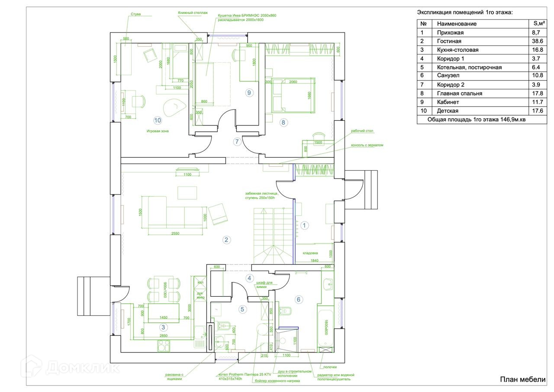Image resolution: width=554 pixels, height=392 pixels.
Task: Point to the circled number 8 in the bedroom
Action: point(283,122)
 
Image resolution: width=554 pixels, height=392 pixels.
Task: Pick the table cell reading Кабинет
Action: point(448,102)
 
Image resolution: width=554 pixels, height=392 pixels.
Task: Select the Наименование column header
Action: point(457,24)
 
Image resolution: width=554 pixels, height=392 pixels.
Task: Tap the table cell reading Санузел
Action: point(449,76)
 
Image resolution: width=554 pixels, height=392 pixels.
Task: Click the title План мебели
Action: point(523,380)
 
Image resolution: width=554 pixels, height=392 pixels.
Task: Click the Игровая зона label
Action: point(158,131)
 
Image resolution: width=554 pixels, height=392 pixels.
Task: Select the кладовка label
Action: point(310,253)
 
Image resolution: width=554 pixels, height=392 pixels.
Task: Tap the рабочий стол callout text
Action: point(362,131)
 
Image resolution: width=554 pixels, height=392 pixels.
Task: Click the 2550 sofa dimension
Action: point(175,233)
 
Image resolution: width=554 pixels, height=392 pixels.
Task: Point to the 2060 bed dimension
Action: point(293,82)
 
